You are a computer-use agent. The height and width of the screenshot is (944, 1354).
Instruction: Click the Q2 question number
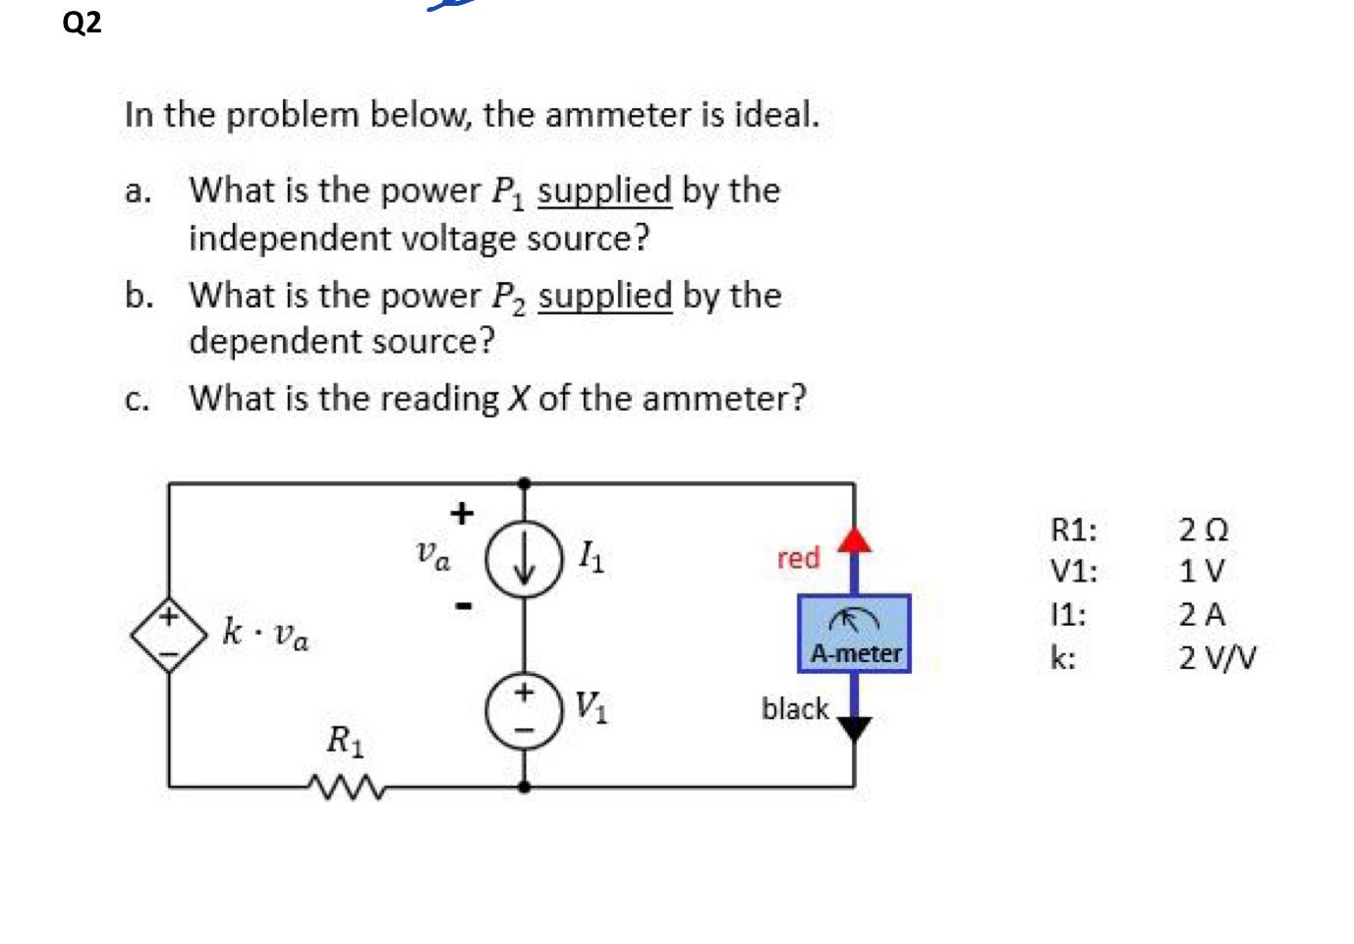pos(82,22)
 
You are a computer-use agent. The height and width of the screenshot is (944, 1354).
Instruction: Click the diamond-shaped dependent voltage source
pos(169,634)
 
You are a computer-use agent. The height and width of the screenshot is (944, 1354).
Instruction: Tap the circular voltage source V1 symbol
pos(525,710)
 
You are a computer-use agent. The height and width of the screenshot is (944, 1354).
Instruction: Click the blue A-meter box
pos(854,634)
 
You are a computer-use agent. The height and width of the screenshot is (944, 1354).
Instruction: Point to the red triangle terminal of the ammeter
pos(855,538)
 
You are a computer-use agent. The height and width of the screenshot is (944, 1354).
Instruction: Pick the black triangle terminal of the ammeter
pos(854,728)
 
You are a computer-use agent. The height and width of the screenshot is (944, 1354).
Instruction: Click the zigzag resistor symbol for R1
pos(345,786)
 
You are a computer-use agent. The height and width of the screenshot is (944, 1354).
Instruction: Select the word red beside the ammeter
pos(798,558)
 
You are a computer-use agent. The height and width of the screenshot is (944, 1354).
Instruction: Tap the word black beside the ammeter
pos(795,708)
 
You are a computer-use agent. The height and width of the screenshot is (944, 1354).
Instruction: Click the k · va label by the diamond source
pos(265,632)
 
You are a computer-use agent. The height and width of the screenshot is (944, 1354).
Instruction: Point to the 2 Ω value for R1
pos(1204,530)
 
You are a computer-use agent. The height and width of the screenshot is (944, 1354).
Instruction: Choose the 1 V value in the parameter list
pos(1202,571)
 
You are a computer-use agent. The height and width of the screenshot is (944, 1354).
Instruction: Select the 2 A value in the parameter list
pos(1202,615)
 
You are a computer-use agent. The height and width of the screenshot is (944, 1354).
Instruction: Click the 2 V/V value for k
pos(1217,657)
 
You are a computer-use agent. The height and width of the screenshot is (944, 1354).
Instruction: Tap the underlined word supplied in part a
pos(604,191)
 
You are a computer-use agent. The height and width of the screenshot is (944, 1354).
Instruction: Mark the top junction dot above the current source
pos(525,483)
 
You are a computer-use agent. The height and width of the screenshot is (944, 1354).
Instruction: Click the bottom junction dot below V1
pos(525,786)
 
